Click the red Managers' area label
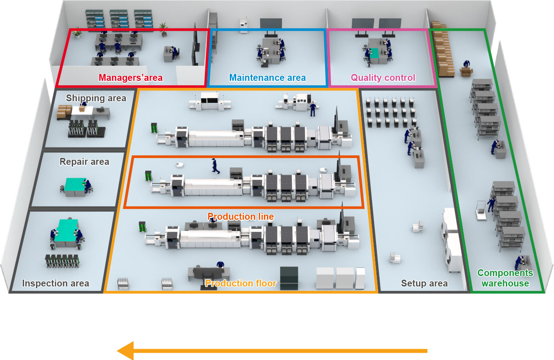[131, 78]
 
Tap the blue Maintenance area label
[267, 78]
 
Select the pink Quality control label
[383, 78]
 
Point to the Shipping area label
[96, 98]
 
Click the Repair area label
[84, 162]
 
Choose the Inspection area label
[56, 284]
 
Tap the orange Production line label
[241, 217]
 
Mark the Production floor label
[240, 284]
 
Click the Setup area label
[424, 284]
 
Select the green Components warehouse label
[505, 278]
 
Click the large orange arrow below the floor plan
[272, 350]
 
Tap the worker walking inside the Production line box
[214, 166]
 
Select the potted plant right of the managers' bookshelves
[163, 30]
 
